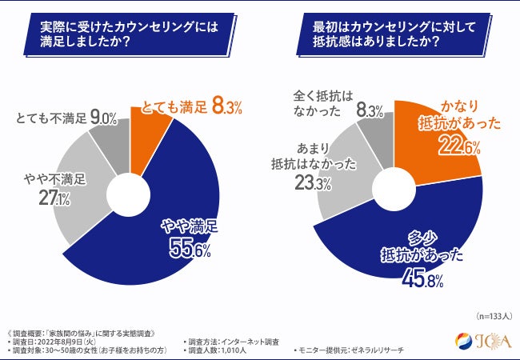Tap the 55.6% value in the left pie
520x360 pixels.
(x=189, y=250)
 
